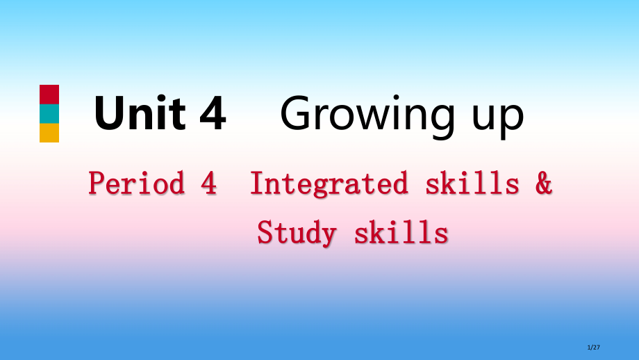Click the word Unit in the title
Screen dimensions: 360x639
(x=140, y=114)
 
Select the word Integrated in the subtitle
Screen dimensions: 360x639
(x=329, y=183)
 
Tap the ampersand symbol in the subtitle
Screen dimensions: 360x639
(x=544, y=183)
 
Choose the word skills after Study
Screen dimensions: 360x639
(x=401, y=233)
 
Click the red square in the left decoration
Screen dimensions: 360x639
(x=49, y=95)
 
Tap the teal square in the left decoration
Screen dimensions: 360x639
(x=49, y=114)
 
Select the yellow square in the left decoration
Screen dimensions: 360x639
(x=49, y=133)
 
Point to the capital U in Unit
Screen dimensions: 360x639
(x=110, y=114)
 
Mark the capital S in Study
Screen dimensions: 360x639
(x=265, y=233)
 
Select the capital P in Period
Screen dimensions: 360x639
(x=97, y=183)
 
